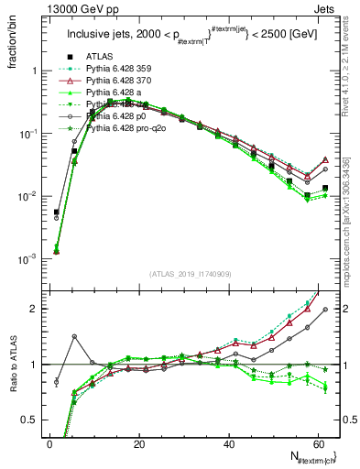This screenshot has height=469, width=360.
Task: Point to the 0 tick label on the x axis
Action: (49, 444)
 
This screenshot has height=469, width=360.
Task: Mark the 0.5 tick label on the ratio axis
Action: (30, 420)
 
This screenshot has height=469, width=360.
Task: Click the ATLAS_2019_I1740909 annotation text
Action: (190, 274)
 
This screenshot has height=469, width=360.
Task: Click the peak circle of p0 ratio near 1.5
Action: (75, 337)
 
